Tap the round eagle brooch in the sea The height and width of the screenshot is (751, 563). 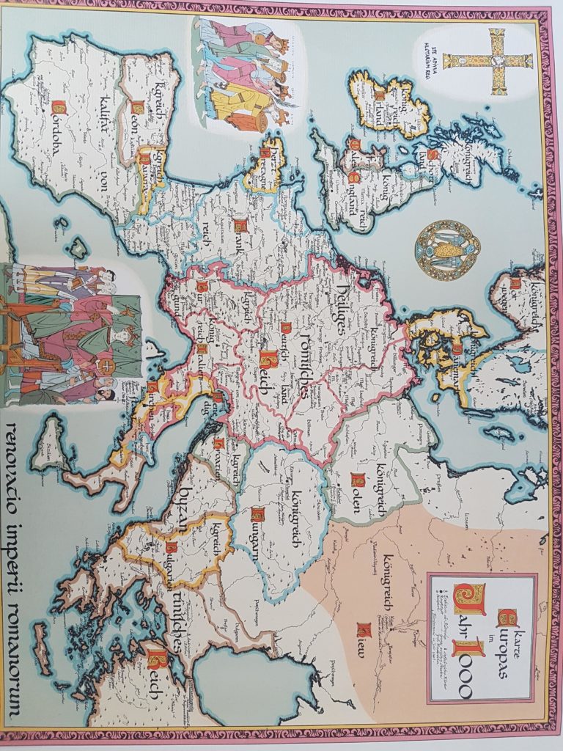(448, 249)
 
